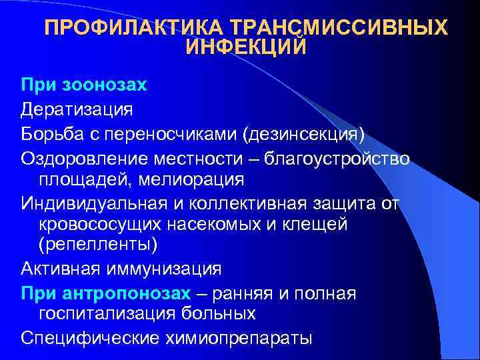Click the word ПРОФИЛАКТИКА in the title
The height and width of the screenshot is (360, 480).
coord(133,28)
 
